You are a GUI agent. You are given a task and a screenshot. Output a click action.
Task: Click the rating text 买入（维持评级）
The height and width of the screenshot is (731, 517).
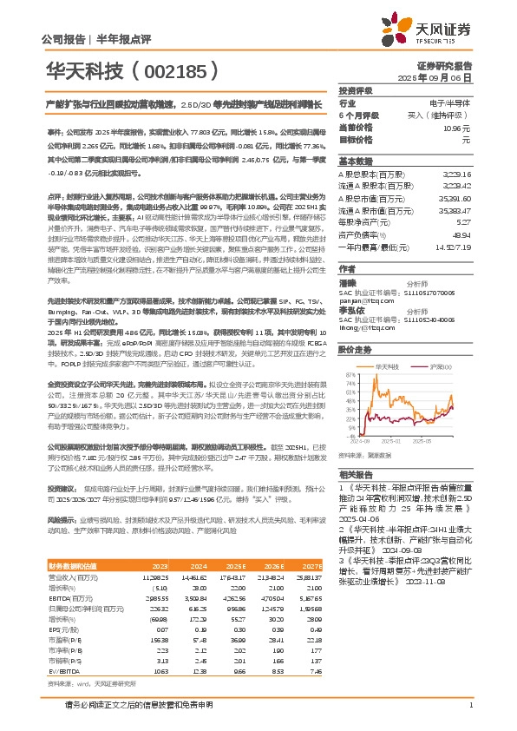[446, 115]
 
